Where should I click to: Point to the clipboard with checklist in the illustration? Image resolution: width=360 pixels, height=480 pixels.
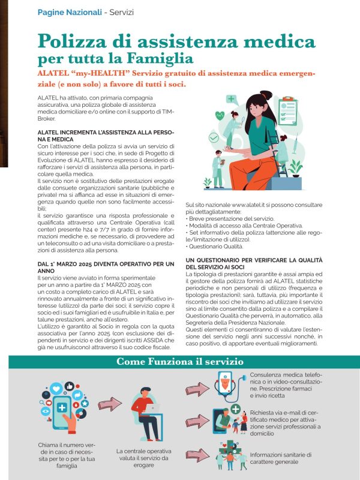point(288,110)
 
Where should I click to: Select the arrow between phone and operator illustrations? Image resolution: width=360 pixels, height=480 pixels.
point(109,405)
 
